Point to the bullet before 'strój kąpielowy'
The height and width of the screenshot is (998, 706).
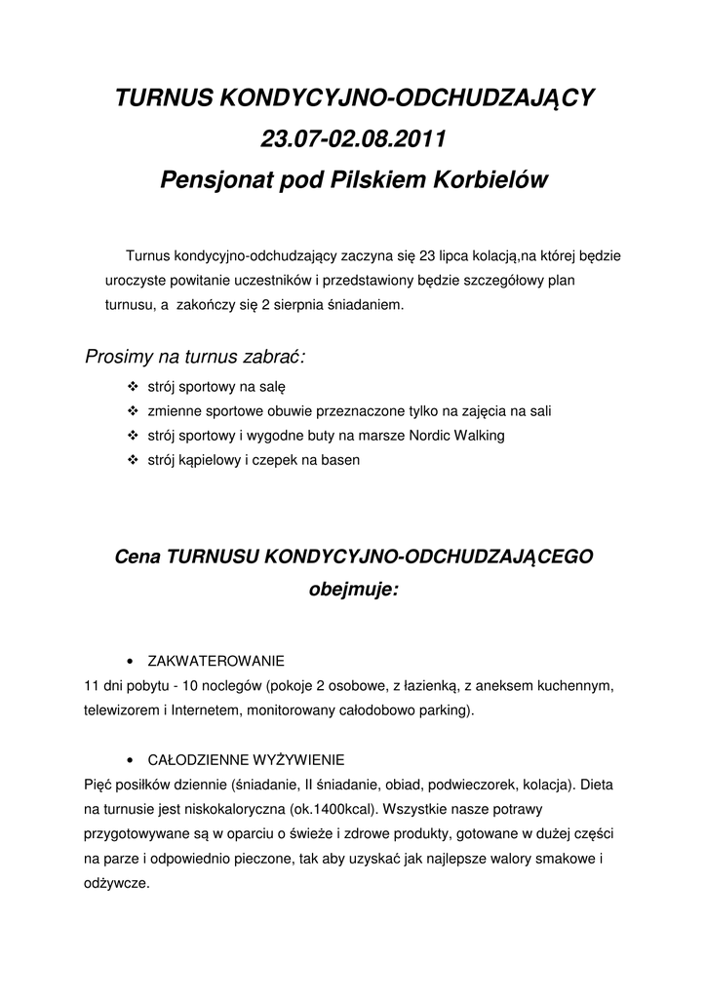coord(134,460)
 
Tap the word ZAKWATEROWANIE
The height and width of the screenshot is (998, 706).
coord(216,661)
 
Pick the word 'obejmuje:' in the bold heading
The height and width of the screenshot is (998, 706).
coord(353,590)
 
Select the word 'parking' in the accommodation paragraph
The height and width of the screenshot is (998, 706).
coord(444,710)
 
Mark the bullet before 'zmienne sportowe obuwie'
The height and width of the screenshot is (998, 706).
coord(134,411)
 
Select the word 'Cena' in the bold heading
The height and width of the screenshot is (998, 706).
coord(137,557)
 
